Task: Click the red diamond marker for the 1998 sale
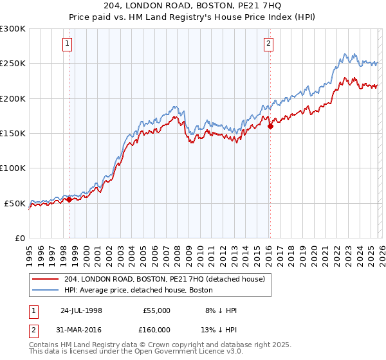pos(69,200)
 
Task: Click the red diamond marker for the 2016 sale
pos(270,127)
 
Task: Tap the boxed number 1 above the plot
pos(68,44)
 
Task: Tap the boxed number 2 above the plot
pos(268,44)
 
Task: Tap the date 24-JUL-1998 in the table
pos(81,310)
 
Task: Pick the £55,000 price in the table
pos(156,310)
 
